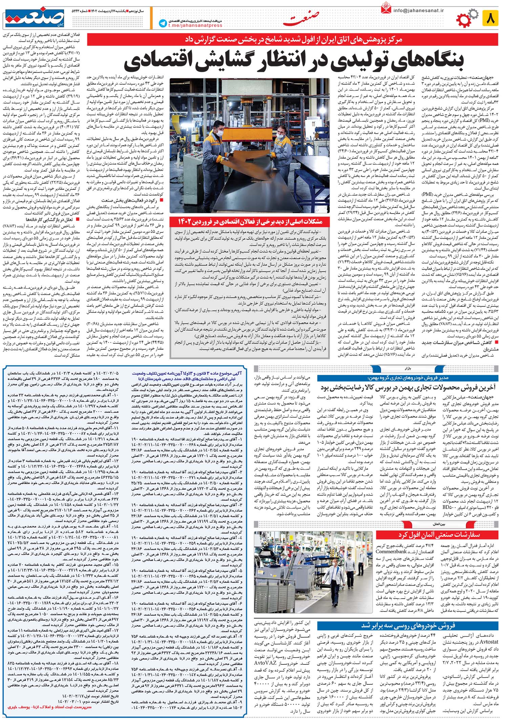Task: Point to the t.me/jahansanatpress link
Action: click(x=195, y=25)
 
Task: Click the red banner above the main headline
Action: click(x=293, y=40)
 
